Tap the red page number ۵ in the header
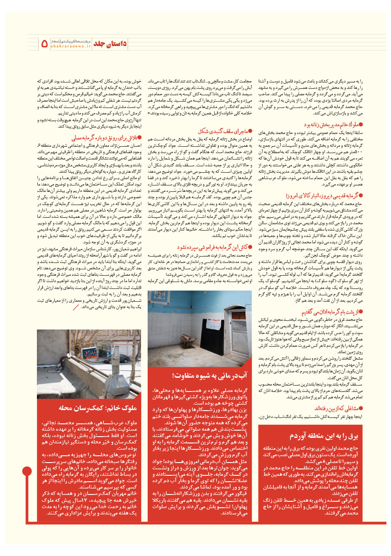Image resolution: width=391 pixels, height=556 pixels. [45, 44]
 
